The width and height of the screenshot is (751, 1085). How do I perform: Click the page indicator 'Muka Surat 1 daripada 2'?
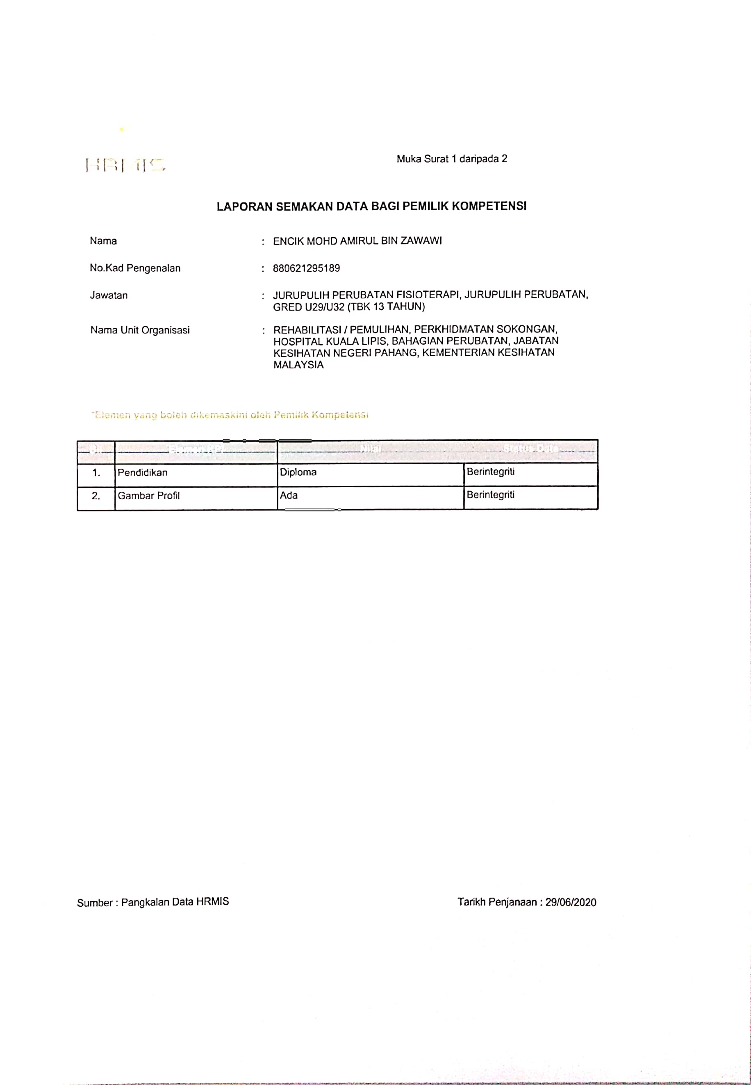coord(452,159)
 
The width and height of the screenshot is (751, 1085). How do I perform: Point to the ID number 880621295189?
coord(306,268)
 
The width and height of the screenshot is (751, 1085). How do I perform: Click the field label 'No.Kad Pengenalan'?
coord(135,268)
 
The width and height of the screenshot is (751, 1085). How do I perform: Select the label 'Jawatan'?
coord(109,295)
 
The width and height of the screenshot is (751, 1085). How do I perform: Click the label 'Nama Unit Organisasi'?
coord(140,330)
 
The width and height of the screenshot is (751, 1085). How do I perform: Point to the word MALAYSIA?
coord(298,365)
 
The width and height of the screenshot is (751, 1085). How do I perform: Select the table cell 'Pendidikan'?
coord(143,473)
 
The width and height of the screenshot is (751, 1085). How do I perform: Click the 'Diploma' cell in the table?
coord(298,472)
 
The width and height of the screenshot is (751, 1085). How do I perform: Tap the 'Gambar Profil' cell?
coord(149,496)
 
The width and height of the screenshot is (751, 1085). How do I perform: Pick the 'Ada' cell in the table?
coord(289,495)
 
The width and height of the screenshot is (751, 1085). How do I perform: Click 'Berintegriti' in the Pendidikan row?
coord(490,472)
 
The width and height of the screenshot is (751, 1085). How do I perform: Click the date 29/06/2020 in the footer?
coord(571,902)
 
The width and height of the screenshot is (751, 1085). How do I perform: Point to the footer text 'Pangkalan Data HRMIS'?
coord(175,901)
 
